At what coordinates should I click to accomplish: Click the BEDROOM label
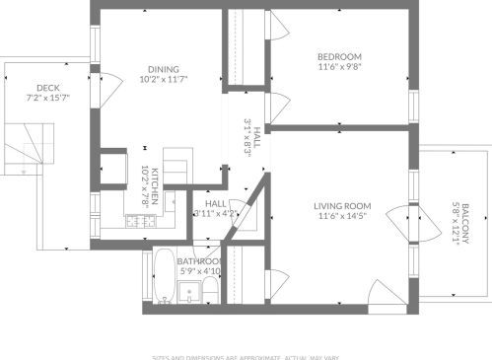(339, 55)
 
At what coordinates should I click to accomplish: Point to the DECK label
(46, 88)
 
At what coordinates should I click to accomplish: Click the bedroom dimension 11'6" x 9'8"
(339, 67)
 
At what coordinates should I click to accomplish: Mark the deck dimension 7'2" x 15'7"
(46, 99)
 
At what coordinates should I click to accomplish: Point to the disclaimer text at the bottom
(246, 356)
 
